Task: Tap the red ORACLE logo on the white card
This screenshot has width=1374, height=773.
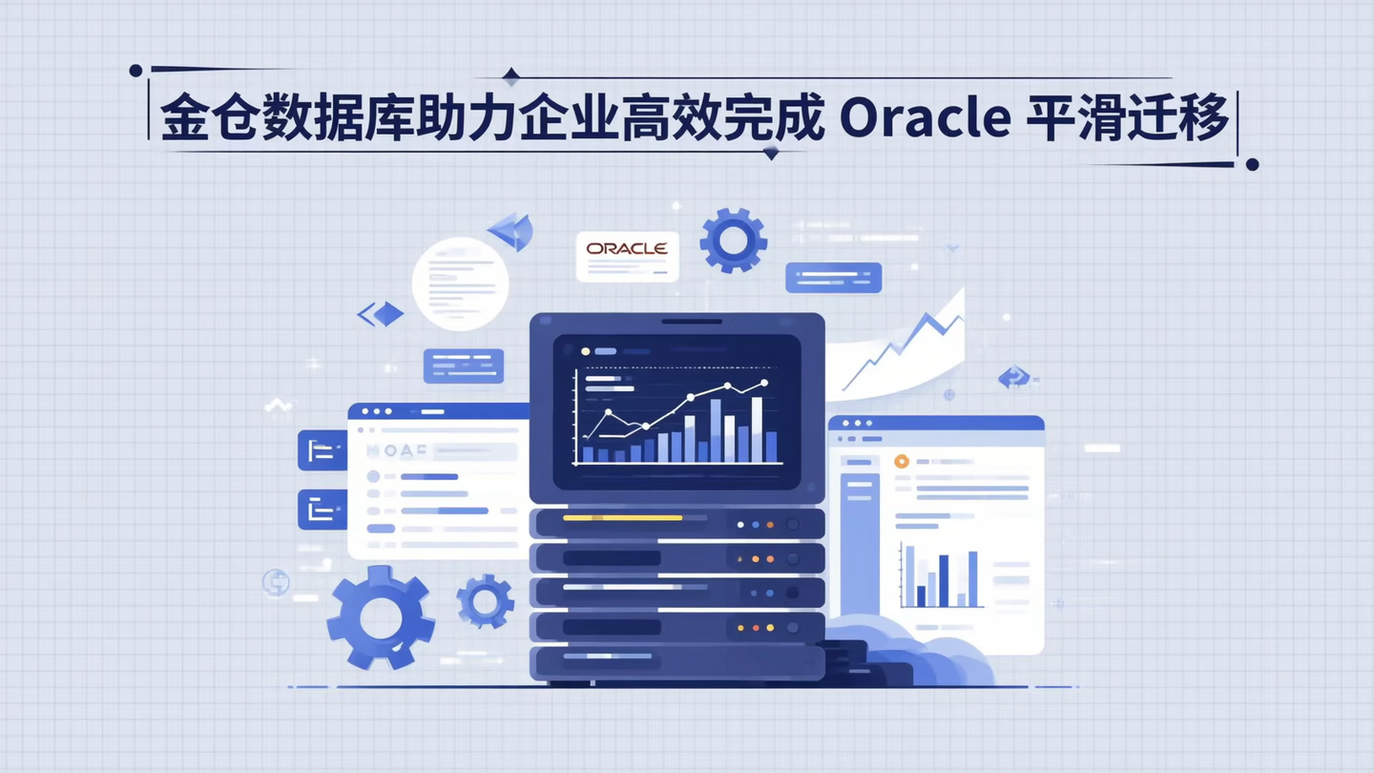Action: point(627,249)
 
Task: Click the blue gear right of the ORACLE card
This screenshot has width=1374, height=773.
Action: point(733,241)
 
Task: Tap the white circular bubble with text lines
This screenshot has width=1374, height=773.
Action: point(460,283)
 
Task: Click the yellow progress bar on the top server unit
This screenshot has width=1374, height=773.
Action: point(622,517)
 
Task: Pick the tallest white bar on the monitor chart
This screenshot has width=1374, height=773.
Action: point(757,428)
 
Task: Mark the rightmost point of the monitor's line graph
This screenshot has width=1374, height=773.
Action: point(764,384)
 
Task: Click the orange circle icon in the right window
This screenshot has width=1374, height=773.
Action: point(901,461)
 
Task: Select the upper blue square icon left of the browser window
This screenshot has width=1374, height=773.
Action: point(322,450)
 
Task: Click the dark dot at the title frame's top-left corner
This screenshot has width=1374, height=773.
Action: point(135,71)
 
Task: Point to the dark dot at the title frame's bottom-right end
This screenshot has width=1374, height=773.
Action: point(1252,164)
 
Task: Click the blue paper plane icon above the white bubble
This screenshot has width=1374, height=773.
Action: point(511,230)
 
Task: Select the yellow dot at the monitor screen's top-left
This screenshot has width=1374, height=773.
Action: point(586,351)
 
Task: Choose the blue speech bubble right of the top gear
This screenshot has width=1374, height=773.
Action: point(833,278)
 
